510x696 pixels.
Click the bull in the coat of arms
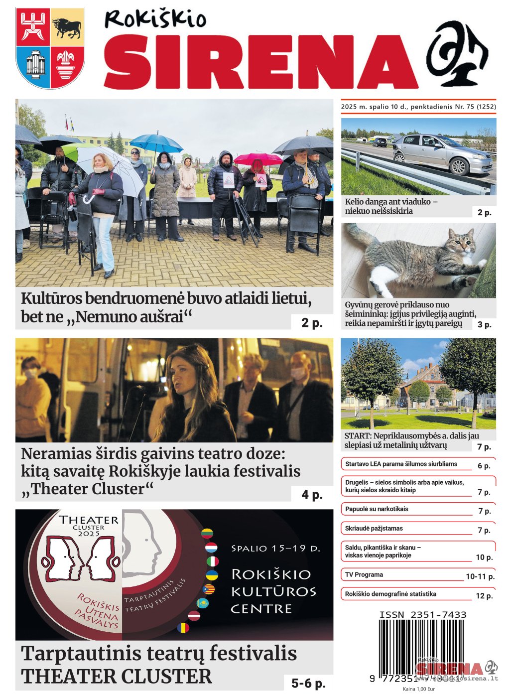coord(67,28)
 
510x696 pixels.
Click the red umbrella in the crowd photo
coord(258,159)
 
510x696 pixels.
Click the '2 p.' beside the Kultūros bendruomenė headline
coord(312,323)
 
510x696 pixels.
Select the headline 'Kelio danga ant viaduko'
coord(391,206)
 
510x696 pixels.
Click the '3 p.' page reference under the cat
coord(484,325)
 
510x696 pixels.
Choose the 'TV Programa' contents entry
coord(364,574)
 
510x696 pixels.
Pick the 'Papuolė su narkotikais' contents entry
coord(377,509)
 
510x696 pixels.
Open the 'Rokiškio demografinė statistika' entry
coord(390,594)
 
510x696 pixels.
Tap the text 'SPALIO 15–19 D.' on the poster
coord(276,549)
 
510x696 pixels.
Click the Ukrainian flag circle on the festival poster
coord(212,575)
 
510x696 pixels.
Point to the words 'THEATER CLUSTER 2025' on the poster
coord(89,526)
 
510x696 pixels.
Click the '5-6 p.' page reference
coord(308,683)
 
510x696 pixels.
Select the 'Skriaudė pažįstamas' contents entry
coord(374,528)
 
